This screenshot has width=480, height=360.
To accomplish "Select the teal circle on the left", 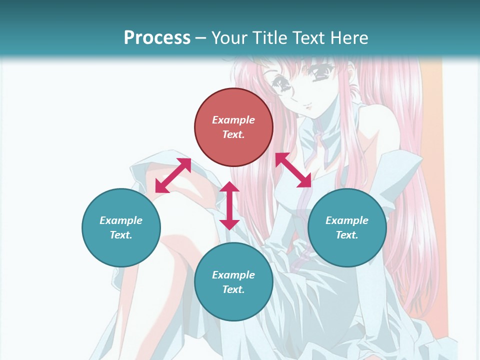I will (x=121, y=227).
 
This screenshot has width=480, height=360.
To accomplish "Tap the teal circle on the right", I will (x=347, y=227).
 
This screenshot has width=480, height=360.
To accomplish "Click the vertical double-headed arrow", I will (x=229, y=205).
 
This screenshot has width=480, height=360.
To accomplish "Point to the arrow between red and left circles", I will (x=173, y=175).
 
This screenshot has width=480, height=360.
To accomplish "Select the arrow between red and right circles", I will (x=293, y=170).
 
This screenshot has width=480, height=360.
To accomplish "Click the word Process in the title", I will (x=157, y=37).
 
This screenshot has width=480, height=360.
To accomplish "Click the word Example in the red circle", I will (x=233, y=120).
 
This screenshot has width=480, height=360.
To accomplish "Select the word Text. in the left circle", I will (x=121, y=235).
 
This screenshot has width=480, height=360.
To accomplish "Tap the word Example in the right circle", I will (x=347, y=220).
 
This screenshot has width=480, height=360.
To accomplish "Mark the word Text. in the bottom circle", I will (x=233, y=289).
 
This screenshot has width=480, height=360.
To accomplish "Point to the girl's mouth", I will (x=308, y=106).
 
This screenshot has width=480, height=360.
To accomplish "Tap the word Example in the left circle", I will (x=121, y=220).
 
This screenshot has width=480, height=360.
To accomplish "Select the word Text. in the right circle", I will (x=347, y=235).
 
